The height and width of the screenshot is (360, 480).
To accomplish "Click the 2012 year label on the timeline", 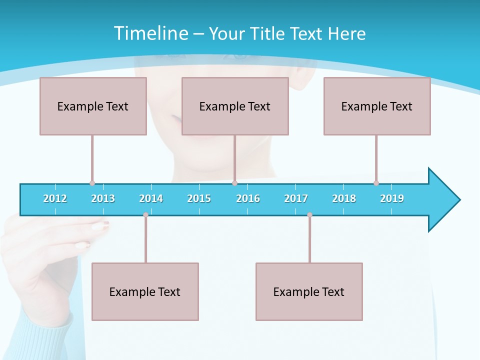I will [x=55, y=198].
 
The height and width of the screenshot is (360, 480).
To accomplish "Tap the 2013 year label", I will [x=103, y=198].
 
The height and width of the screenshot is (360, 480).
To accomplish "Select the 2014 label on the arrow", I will [x=151, y=198].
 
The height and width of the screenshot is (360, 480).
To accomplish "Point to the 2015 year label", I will [x=199, y=198].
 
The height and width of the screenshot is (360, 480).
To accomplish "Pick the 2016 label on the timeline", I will [x=248, y=198].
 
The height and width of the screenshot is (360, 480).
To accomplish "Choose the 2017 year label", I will [x=296, y=198].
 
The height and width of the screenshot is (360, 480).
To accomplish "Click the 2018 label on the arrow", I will [x=344, y=198].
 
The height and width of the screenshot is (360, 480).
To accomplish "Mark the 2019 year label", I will [x=392, y=198].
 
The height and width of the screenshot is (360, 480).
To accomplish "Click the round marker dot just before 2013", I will [x=92, y=183].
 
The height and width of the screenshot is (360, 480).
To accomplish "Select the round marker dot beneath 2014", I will [x=145, y=214].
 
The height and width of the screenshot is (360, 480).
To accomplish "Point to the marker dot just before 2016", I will [x=234, y=183].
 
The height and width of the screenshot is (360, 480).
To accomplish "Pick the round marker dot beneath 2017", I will [x=309, y=214].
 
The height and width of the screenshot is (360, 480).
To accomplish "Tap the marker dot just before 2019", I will [x=376, y=183].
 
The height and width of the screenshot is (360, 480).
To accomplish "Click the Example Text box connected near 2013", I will [x=93, y=106].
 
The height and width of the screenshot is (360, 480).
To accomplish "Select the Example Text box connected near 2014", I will [x=145, y=291].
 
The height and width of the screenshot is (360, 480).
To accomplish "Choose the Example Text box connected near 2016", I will [x=235, y=106].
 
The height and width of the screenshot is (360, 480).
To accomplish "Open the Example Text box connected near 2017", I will [x=309, y=291].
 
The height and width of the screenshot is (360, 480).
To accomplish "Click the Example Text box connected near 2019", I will [x=377, y=106].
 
